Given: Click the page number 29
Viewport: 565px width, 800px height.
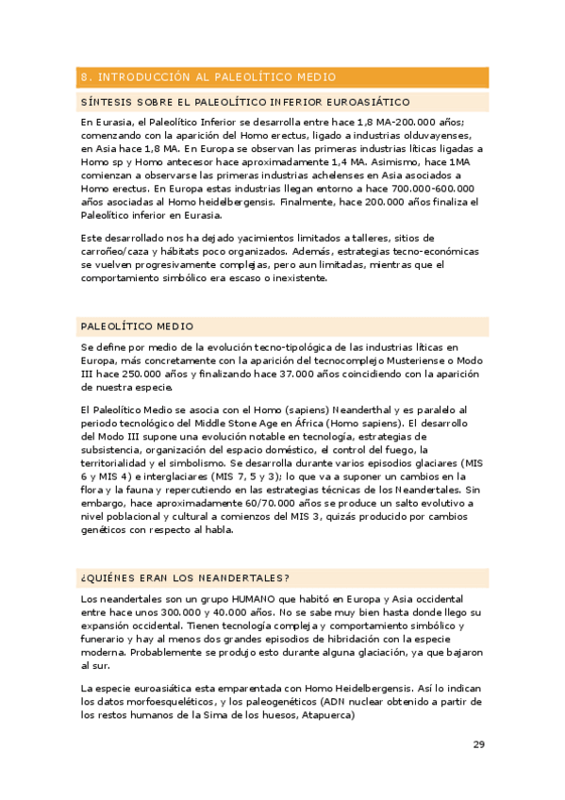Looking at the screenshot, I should pyautogui.click(x=478, y=744).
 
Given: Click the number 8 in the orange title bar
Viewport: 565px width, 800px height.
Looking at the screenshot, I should pyautogui.click(x=85, y=77).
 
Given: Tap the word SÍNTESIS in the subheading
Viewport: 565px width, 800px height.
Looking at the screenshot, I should pyautogui.click(x=104, y=102).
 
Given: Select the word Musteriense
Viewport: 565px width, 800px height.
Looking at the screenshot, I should pyautogui.click(x=409, y=360).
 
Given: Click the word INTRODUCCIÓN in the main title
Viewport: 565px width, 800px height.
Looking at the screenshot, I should pyautogui.click(x=141, y=77).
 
